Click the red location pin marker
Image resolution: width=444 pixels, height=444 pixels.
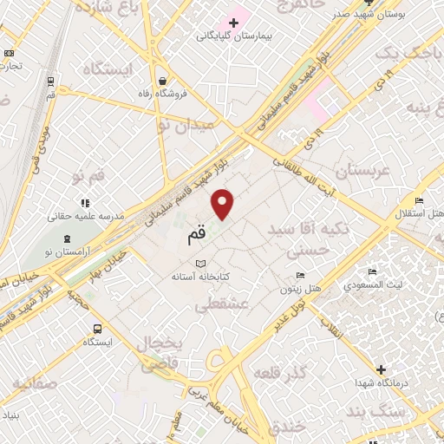[x=224, y=203]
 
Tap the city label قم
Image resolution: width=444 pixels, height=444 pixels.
[x=198, y=234]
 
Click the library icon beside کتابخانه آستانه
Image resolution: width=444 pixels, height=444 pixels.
[x=202, y=264]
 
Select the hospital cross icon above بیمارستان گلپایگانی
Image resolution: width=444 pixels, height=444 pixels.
[x=233, y=22]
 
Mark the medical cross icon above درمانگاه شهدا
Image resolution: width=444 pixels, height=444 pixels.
[x=381, y=369]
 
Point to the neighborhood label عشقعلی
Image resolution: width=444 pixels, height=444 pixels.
[x=223, y=304]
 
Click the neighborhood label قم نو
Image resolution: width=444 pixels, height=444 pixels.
[x=90, y=177]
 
